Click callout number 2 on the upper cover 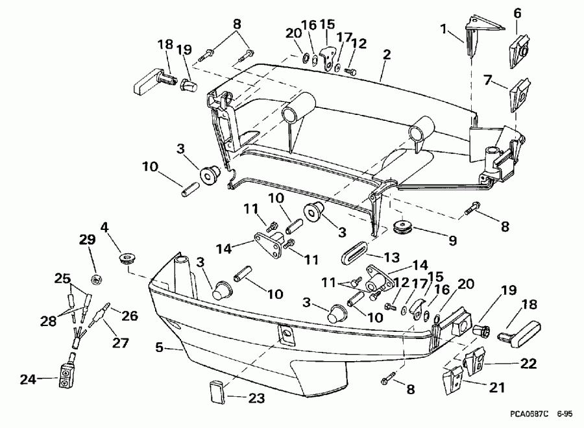click(386, 56)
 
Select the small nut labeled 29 click(95, 279)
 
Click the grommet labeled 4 click(128, 259)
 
